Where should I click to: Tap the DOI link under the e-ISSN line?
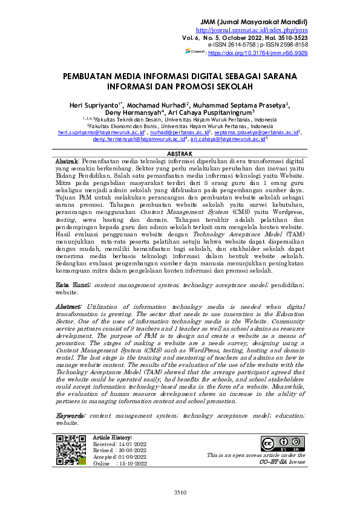click(258, 53)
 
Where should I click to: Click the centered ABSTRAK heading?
click(180, 154)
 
